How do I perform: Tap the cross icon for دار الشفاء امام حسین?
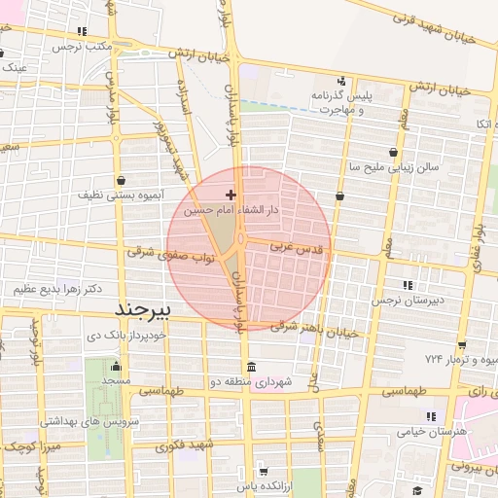tap(230, 196)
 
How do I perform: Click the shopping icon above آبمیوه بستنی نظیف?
tap(120, 180)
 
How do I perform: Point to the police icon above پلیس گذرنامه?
tap(340, 81)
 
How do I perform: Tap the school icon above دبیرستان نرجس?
tap(407, 285)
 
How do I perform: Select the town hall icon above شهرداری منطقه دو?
tap(252, 367)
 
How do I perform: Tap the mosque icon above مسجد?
tap(116, 367)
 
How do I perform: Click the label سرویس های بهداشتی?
tap(89, 422)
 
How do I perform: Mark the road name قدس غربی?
tap(301, 248)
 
